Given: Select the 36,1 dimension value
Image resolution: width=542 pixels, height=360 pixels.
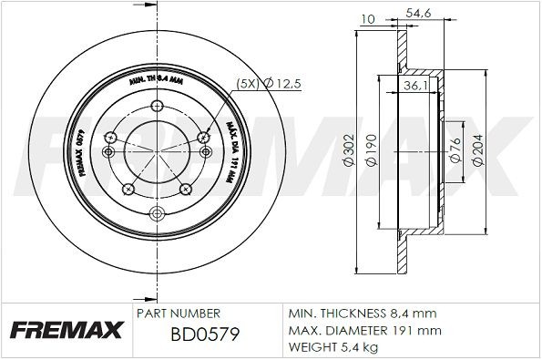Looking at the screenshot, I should pyautogui.click(x=414, y=87).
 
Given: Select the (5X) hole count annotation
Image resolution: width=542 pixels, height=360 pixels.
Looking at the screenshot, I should pyautogui.click(x=246, y=83).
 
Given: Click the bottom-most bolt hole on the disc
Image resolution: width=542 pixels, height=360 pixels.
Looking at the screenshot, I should pyautogui.click(x=156, y=212).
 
